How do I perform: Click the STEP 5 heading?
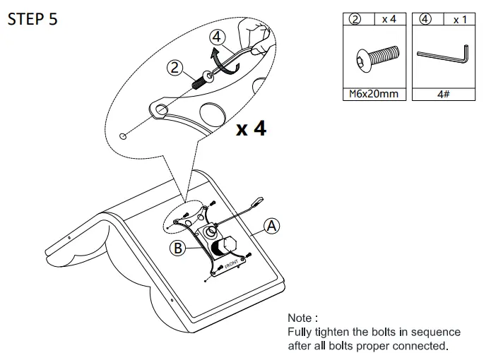point(32,19)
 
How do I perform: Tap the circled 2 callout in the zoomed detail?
point(174,68)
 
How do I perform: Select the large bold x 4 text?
point(251,128)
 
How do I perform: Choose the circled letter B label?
point(179,248)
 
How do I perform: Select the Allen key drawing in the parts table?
point(442,56)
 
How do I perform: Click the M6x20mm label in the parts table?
point(374,93)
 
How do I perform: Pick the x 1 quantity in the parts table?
point(460,20)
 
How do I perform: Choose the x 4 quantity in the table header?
point(389,20)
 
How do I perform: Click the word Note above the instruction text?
point(302,318)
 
